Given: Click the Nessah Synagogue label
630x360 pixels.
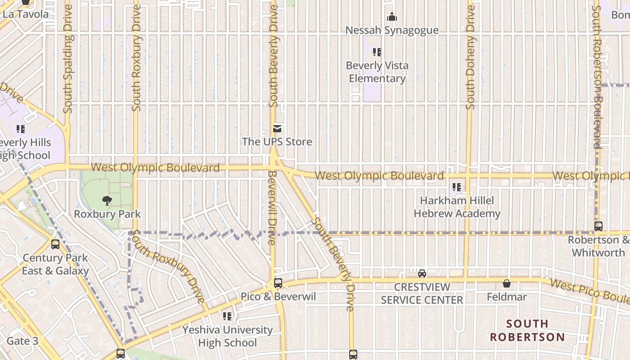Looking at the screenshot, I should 392,30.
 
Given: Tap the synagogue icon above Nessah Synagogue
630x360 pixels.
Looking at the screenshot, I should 392,17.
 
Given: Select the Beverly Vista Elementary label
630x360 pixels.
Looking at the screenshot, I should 377,72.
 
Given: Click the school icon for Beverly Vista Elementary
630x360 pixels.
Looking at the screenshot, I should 377,52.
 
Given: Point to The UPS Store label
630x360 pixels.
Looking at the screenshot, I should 277,142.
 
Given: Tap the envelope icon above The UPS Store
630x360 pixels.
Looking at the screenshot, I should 277,129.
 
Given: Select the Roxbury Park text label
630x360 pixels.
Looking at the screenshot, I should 107,214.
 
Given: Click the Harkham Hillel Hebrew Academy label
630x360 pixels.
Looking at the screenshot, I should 457,207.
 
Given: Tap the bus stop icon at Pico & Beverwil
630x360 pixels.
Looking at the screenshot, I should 278,283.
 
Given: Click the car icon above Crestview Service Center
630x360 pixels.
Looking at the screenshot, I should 422,273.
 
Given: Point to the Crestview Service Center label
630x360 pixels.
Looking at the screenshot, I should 422,293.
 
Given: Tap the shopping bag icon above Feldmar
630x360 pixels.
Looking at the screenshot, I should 507,283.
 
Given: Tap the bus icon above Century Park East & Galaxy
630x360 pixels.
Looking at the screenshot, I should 55,244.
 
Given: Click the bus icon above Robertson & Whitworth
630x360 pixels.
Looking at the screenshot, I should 598,226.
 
